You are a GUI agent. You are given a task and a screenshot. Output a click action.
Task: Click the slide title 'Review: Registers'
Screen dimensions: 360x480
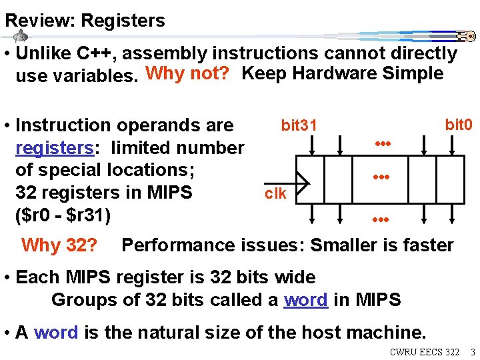[85, 21]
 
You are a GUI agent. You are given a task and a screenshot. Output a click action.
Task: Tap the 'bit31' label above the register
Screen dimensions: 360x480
[299, 125]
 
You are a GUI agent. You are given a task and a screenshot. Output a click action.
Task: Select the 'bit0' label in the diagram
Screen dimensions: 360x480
[458, 124]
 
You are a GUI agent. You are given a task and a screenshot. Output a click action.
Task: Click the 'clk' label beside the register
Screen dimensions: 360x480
[275, 193]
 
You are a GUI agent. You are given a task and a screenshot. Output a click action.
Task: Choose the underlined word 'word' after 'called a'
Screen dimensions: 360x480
[305, 299]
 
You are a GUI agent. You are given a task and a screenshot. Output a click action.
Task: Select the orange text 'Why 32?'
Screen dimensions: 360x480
[59, 245]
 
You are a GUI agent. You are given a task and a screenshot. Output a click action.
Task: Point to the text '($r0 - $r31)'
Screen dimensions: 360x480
[66, 215]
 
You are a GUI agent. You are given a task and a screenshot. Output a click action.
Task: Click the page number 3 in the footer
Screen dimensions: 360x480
[471, 351]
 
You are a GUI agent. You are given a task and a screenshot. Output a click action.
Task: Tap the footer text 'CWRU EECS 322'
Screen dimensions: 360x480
[425, 351]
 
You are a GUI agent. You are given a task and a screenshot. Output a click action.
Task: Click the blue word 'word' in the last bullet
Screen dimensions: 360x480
[55, 332]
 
